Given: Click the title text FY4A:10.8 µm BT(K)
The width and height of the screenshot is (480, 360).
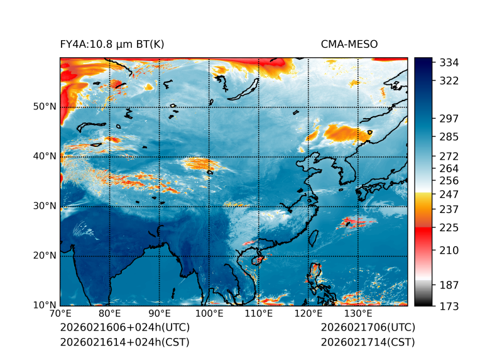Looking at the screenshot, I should pyautogui.click(x=112, y=44).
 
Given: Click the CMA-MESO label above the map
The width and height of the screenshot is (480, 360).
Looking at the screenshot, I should pyautogui.click(x=349, y=44).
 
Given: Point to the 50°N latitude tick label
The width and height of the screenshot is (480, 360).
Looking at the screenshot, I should pyautogui.click(x=44, y=107).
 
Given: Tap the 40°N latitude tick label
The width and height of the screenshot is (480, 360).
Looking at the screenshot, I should pyautogui.click(x=44, y=156).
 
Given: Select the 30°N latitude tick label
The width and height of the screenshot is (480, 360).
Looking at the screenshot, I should pyautogui.click(x=44, y=206).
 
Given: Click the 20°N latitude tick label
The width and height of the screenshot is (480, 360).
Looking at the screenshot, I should pyautogui.click(x=44, y=256).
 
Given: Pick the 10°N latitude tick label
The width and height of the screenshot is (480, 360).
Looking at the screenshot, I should pyautogui.click(x=44, y=305).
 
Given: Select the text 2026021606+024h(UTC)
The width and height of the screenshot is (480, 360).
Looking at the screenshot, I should pyautogui.click(x=124, y=327).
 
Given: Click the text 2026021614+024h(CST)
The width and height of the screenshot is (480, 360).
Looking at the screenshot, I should pyautogui.click(x=124, y=342).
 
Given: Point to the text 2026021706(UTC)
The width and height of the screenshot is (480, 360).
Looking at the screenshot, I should pyautogui.click(x=368, y=327).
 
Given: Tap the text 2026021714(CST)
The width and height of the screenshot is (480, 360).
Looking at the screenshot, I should pyautogui.click(x=368, y=342).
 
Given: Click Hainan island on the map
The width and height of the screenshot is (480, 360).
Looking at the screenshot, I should pyautogui.click(x=257, y=259).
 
